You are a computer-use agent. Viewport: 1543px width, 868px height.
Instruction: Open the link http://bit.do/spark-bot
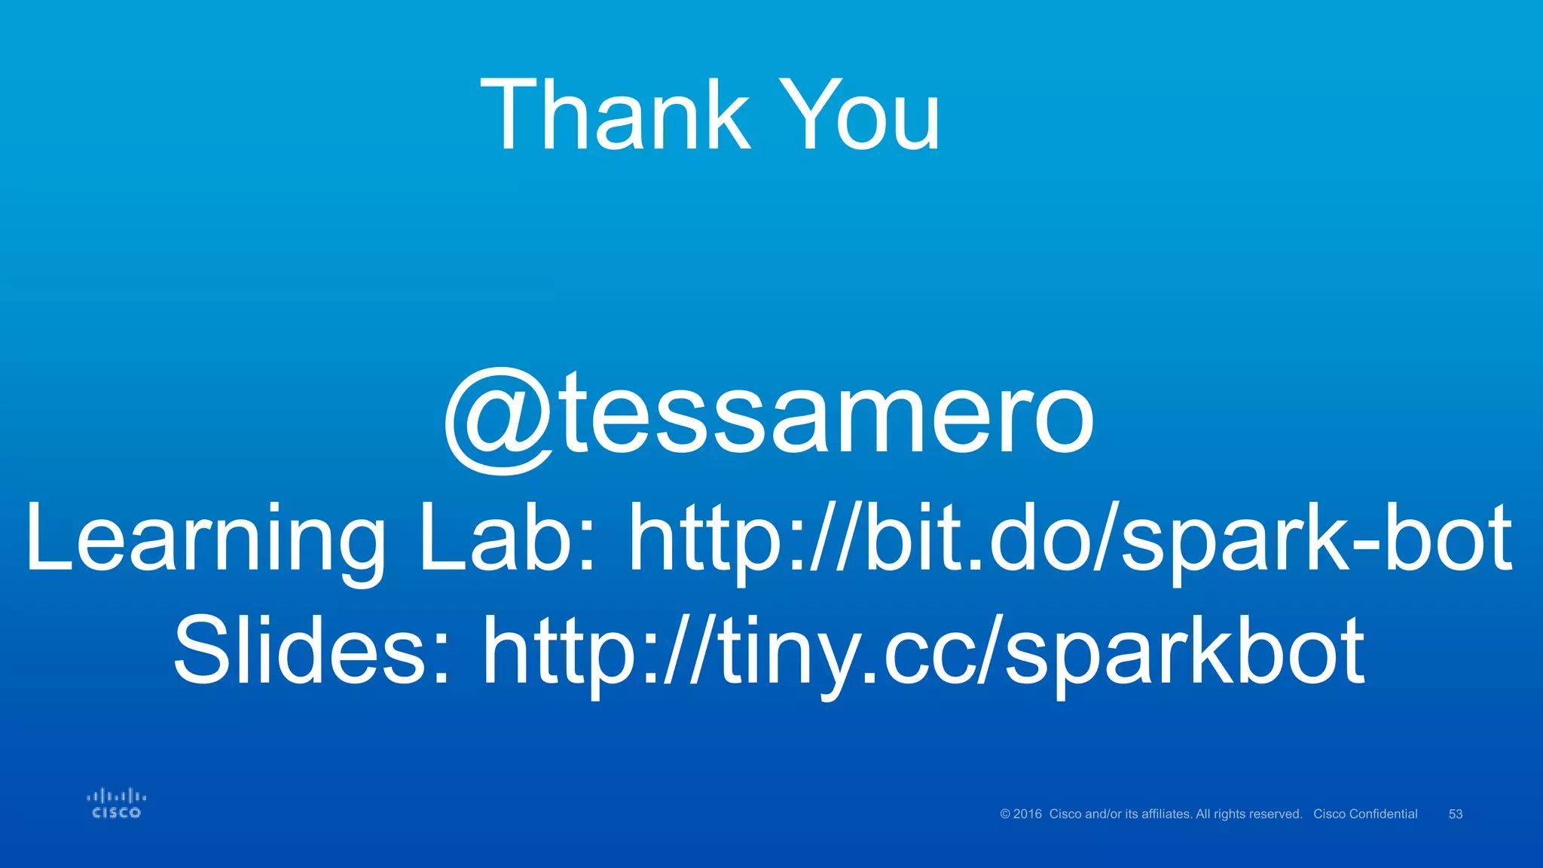1071,539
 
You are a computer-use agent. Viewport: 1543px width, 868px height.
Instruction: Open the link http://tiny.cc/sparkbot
924,652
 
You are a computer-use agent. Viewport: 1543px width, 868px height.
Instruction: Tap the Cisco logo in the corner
116,804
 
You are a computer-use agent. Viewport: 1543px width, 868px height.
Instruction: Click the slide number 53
1456,814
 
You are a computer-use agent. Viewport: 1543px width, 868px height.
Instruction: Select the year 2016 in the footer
1028,814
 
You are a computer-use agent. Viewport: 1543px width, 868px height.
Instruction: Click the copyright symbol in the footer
1005,814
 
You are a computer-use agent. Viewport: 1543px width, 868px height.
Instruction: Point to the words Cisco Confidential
1365,814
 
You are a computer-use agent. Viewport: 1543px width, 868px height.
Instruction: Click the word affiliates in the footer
1166,814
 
